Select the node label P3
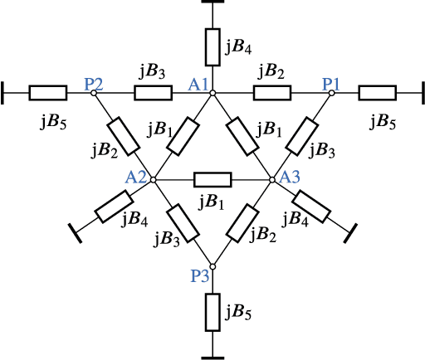pyautogui.click(x=200, y=276)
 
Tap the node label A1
pyautogui.click(x=198, y=83)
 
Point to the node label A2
pyautogui.click(x=136, y=177)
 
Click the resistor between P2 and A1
pyautogui.click(x=154, y=93)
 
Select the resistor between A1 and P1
pyautogui.click(x=272, y=93)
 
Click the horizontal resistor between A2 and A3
pyautogui.click(x=212, y=179)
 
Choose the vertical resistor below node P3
pyautogui.click(x=212, y=313)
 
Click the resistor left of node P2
pyautogui.click(x=47, y=93)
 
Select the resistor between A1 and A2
pyautogui.click(x=183, y=135)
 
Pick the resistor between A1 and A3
pyautogui.click(x=242, y=136)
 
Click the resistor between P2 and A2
pyautogui.click(x=123, y=135)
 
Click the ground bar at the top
pyautogui.click(x=212, y=2)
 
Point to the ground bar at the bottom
pyautogui.click(x=212, y=357)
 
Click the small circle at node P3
pyautogui.click(x=212, y=266)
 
